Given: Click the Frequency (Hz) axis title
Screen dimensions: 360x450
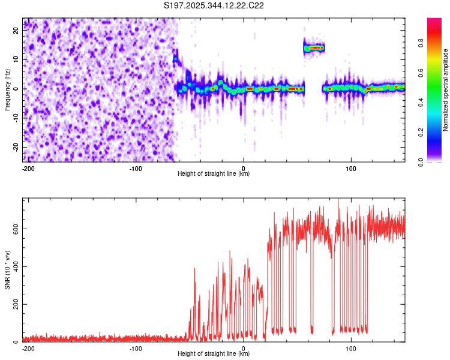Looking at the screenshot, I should [x=7, y=89].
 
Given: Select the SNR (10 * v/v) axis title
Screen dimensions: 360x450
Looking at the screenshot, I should [x=7, y=270].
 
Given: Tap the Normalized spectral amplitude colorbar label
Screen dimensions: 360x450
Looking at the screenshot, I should [x=446, y=90].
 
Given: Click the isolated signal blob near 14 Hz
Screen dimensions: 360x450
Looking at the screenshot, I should [x=314, y=47].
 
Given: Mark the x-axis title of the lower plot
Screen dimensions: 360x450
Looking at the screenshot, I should [x=214, y=354].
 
